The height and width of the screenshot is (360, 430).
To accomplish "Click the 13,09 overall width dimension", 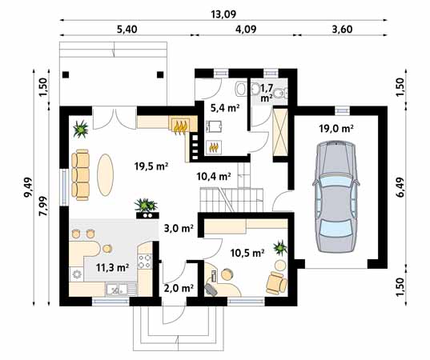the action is click(223, 14).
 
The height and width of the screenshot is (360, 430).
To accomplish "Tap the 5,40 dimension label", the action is click(127, 30).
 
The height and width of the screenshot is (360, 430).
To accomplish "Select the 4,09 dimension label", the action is click(246, 30).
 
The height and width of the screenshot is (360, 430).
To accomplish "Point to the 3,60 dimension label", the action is click(342, 30).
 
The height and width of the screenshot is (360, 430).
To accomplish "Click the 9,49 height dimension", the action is click(28, 187).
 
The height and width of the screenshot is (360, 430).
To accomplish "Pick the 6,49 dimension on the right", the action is click(400, 187).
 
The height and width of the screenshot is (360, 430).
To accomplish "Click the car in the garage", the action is click(336, 197).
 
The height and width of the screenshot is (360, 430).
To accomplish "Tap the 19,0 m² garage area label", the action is click(336, 128).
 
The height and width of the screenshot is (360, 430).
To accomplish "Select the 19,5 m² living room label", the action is click(151, 166).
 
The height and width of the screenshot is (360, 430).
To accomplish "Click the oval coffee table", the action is click(106, 174).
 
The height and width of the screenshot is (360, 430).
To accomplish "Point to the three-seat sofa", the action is click(80, 174).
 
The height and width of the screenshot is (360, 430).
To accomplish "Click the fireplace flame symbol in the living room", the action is click(181, 126).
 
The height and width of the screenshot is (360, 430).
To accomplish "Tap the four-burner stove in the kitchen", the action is click(144, 262).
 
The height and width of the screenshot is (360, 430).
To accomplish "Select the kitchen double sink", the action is click(117, 290).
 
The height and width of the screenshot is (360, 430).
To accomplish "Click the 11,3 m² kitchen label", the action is click(113, 267).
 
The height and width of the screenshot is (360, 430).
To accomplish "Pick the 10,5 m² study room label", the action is click(247, 253).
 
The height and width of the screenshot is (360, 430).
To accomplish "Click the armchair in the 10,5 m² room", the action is click(276, 282).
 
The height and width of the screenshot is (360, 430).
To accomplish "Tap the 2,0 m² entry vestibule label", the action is click(179, 288).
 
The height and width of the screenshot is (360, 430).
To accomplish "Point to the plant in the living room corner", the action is click(81, 129).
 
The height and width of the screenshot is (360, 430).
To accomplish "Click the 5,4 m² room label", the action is click(225, 108).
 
